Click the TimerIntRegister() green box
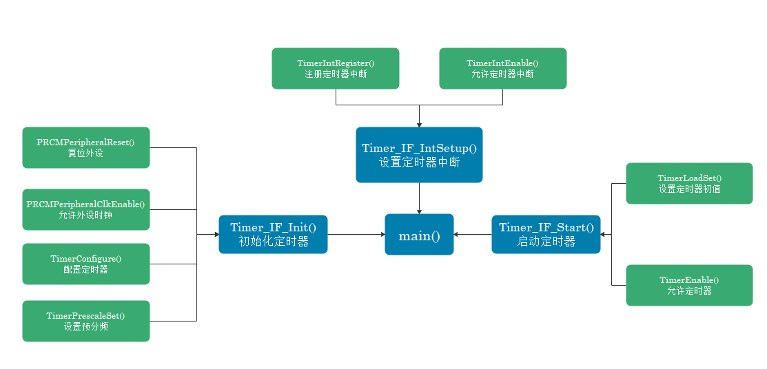(x=335, y=68)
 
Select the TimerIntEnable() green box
(x=502, y=68)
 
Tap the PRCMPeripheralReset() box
(x=85, y=147)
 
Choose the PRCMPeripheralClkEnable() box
(x=85, y=209)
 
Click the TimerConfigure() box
(x=85, y=264)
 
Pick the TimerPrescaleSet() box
(x=85, y=321)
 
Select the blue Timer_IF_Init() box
(x=273, y=234)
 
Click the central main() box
(x=419, y=235)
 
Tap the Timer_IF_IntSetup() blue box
(x=419, y=155)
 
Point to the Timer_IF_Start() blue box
(x=546, y=234)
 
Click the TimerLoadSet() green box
(x=689, y=183)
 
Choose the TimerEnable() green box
(x=689, y=285)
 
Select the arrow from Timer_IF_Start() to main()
(x=473, y=234)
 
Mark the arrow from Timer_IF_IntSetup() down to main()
(x=419, y=198)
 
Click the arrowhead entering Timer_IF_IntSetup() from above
(x=419, y=124)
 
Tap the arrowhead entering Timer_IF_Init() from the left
(x=216, y=234)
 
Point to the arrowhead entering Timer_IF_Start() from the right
(x=604, y=234)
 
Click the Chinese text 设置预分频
(x=85, y=326)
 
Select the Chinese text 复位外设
(x=85, y=153)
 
